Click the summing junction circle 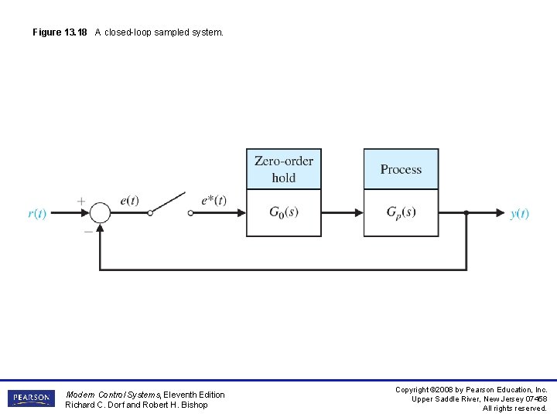(100, 212)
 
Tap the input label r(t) (37, 214)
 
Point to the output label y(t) (520, 214)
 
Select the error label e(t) (129, 201)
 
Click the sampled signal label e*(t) (214, 201)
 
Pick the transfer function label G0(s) (283, 212)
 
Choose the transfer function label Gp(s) (401, 212)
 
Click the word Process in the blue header (401, 169)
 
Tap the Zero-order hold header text (284, 169)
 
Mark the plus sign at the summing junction (81, 201)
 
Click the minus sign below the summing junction (87, 229)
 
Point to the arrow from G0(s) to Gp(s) (342, 212)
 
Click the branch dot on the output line (466, 212)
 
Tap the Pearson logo (31, 398)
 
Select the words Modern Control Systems (113, 395)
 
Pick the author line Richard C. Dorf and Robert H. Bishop (136, 405)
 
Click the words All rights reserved (514, 408)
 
